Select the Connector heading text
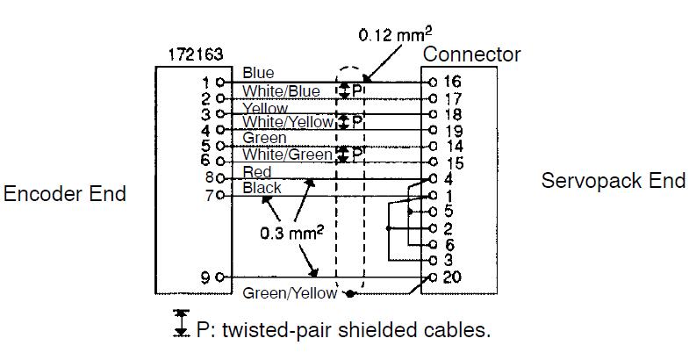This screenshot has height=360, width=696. pyautogui.click(x=471, y=54)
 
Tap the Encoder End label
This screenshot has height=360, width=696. pyautogui.click(x=65, y=194)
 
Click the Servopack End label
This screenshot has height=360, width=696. pyautogui.click(x=613, y=181)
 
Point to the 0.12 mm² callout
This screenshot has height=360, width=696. pyautogui.click(x=395, y=36)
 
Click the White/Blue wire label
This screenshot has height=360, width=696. pyautogui.click(x=281, y=91)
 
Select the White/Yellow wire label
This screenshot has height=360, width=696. pyautogui.click(x=287, y=123)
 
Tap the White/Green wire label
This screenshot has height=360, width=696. pyautogui.click(x=287, y=155)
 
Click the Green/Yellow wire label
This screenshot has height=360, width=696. pyautogui.click(x=291, y=293)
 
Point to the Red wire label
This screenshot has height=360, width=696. pyautogui.click(x=257, y=172)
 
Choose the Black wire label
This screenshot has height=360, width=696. pyautogui.click(x=262, y=188)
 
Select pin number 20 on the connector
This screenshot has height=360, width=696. pyautogui.click(x=452, y=277)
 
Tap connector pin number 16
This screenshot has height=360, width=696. pyautogui.click(x=452, y=82)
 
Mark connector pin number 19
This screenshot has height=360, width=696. pyautogui.click(x=452, y=130)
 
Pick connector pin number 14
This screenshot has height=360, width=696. pyautogui.click(x=454, y=146)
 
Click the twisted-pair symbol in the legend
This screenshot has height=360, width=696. pyautogui.click(x=182, y=322)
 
